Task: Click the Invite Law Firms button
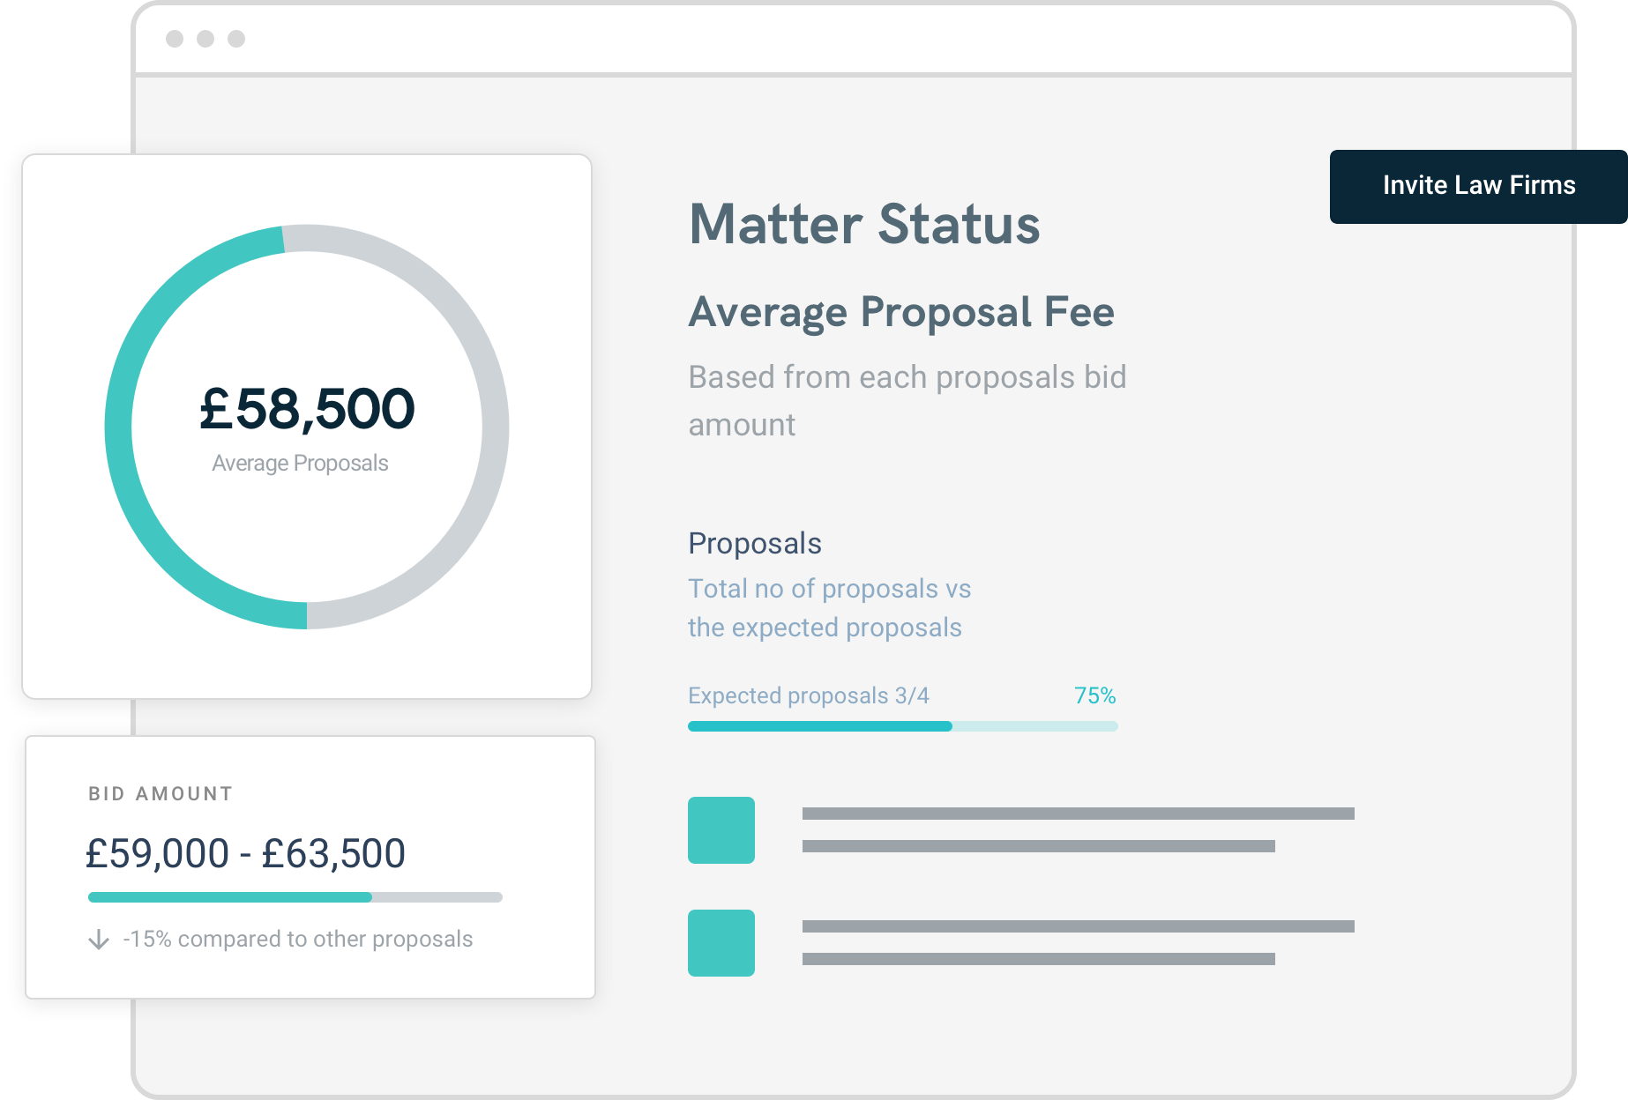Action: coord(1478,186)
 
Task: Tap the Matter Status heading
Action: coord(863,224)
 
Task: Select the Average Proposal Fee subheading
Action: coord(900,312)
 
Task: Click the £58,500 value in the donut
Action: coord(307,409)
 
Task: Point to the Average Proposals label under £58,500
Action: coord(300,463)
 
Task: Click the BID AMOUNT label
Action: coord(161,793)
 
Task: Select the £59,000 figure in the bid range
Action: coord(157,853)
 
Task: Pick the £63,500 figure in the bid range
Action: coord(333,853)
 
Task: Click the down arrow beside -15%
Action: coord(99,940)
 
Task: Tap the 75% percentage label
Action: coord(1094,695)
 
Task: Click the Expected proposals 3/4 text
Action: coord(808,695)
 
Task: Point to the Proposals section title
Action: coord(754,543)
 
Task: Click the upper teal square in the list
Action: coord(721,829)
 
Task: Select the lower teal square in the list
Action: coord(721,942)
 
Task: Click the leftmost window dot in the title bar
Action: coord(175,39)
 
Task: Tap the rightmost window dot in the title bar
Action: coord(236,39)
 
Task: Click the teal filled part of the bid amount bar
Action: coord(229,897)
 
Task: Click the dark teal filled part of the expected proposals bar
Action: coord(819,726)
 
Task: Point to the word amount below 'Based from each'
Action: coord(742,425)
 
